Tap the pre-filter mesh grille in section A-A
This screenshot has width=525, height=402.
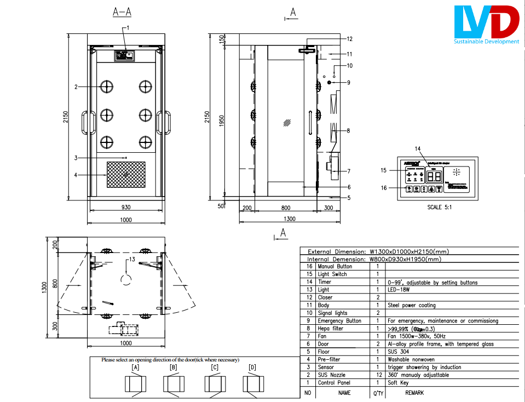126,174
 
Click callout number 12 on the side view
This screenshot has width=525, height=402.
349,39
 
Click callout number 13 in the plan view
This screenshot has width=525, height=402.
131,259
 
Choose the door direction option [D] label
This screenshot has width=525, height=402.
252,367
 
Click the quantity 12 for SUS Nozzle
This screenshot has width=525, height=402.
378,375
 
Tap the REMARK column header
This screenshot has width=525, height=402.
414,393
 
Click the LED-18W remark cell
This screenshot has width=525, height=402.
399,290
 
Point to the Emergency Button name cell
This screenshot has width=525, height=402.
339,321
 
